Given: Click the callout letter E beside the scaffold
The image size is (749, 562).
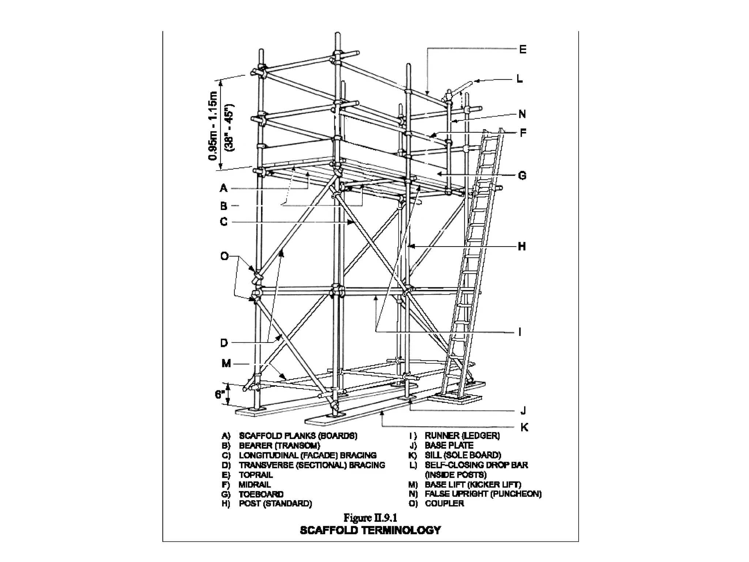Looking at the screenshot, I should click(523, 49).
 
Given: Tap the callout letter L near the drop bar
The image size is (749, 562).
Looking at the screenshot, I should click(519, 79).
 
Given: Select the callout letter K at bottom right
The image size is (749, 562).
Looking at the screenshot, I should click(524, 427).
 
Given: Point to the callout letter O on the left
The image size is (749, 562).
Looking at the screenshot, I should click(224, 256).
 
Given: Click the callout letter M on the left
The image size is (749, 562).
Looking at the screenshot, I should click(226, 364).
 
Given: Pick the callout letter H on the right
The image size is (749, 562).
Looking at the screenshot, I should click(522, 247).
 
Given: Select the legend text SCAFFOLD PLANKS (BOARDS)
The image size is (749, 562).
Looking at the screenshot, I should click(298, 436).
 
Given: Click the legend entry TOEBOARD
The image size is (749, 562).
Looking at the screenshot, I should click(261, 494).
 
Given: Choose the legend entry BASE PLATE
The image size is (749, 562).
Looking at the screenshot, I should click(449, 446).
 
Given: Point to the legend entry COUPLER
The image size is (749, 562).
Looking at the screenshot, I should click(444, 503).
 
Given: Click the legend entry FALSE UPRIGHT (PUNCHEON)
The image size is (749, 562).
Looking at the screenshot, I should click(483, 494).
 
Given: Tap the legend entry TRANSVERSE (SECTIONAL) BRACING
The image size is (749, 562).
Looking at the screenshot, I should click(312, 465).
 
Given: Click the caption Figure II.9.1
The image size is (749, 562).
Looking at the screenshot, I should click(370, 518).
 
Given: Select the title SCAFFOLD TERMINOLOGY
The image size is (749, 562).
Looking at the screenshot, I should click(370, 530).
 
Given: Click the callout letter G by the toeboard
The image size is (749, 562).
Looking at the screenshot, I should click(522, 176).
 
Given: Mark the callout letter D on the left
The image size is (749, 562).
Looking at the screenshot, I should click(224, 343).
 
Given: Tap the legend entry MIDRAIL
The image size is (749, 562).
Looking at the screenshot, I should click(255, 485).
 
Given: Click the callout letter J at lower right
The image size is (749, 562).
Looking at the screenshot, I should click(523, 411).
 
